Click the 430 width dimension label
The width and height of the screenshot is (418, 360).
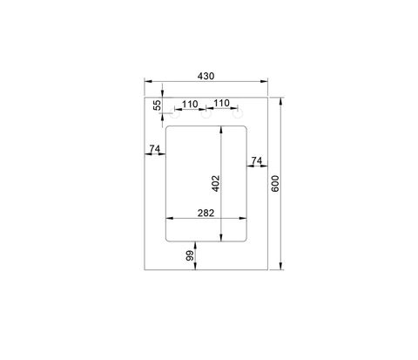(x=206, y=76)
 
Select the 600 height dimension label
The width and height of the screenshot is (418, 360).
(x=275, y=184)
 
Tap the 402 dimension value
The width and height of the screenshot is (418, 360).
(x=216, y=183)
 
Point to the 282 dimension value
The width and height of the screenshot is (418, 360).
(x=206, y=214)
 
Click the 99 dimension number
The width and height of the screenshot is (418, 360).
(x=190, y=255)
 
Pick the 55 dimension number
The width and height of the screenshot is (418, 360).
(x=157, y=105)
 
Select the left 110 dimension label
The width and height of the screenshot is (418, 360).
(x=190, y=104)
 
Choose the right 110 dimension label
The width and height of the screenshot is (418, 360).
(x=221, y=103)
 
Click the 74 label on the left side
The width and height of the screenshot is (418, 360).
(x=155, y=149)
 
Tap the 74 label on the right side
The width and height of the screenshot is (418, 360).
(x=257, y=160)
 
